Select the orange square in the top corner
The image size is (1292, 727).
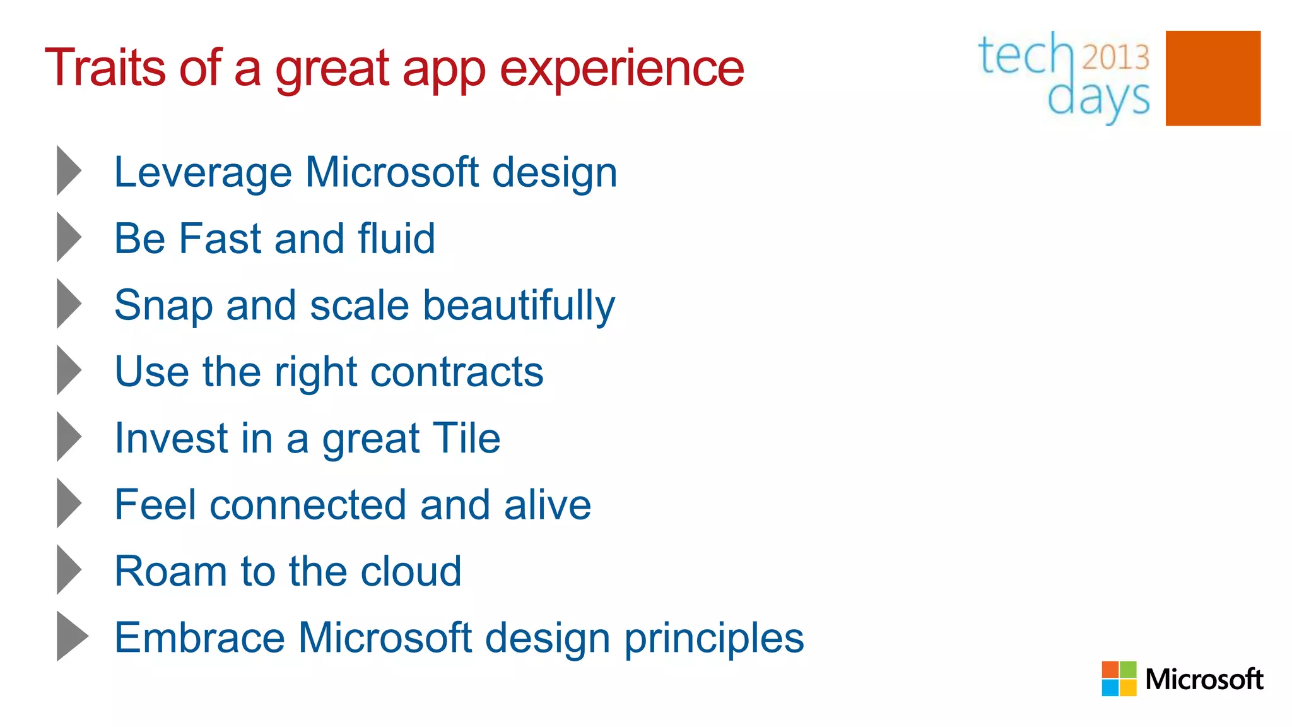[1213, 78]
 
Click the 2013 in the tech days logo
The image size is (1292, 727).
[1115, 57]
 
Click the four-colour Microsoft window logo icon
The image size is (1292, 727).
[1119, 678]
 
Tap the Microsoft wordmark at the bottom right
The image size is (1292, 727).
[1204, 679]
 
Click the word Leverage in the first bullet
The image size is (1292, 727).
[203, 172]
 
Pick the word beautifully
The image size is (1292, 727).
[519, 305]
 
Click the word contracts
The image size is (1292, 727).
[457, 372]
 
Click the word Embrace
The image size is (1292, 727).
[199, 637]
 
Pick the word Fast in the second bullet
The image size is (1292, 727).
[220, 239]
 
